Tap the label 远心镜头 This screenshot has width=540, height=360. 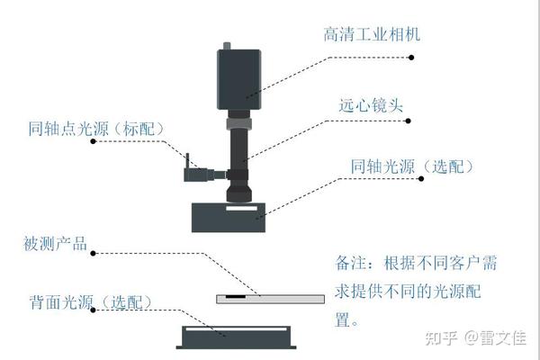coord(371,105)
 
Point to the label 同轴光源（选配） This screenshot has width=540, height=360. coord(411,167)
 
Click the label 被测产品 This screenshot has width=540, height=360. coord(55,245)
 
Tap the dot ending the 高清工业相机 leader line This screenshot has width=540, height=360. coord(411,57)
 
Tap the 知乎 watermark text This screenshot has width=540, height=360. coord(438,338)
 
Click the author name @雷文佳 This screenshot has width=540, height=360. coord(496,338)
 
